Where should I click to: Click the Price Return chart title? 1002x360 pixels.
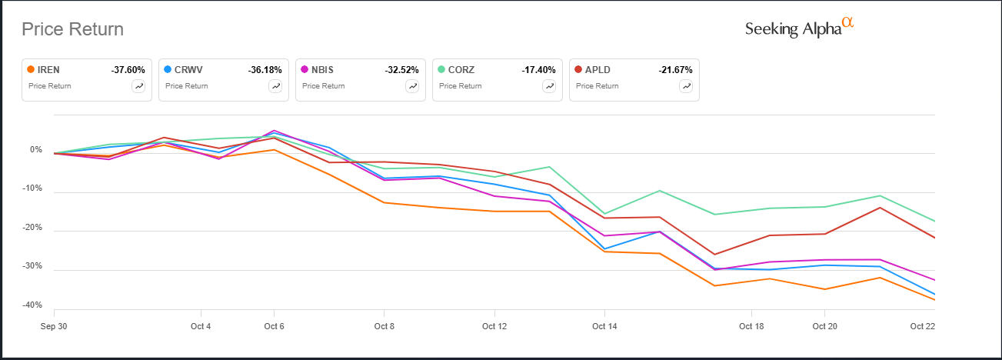click(72, 29)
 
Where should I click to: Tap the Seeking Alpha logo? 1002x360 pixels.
click(799, 28)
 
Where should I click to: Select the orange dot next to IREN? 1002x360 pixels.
click(31, 69)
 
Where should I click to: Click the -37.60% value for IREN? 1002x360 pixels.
click(128, 70)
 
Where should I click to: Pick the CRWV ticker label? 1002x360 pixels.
click(188, 70)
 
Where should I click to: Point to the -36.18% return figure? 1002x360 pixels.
click(265, 70)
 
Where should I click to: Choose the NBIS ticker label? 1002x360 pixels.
click(322, 70)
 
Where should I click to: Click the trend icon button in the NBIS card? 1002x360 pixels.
click(412, 86)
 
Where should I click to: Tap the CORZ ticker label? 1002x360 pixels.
click(461, 70)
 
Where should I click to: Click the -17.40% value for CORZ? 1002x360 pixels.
click(538, 70)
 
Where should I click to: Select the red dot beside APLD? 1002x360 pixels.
click(578, 69)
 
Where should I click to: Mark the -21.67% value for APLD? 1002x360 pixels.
click(675, 70)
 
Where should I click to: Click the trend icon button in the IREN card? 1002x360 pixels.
click(138, 86)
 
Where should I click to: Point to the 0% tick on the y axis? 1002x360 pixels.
click(36, 150)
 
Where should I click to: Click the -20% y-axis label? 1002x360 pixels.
click(32, 227)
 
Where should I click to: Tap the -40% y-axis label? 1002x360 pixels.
click(32, 305)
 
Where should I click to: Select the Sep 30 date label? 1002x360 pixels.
click(54, 326)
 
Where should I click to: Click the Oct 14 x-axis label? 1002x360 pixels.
click(604, 326)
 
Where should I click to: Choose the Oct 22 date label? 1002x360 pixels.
click(922, 326)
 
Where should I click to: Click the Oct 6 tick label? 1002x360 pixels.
click(274, 326)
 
